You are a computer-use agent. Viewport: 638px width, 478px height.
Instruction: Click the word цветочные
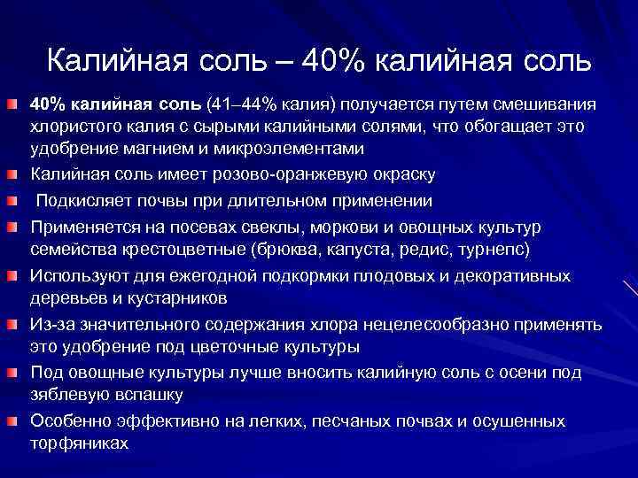coord(208,345)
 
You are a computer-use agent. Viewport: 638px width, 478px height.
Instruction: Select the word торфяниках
coord(79,442)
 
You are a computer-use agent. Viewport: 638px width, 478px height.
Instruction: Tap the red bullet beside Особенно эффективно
coord(15,420)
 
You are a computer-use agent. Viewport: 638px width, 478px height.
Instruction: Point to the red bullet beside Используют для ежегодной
coord(15,276)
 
